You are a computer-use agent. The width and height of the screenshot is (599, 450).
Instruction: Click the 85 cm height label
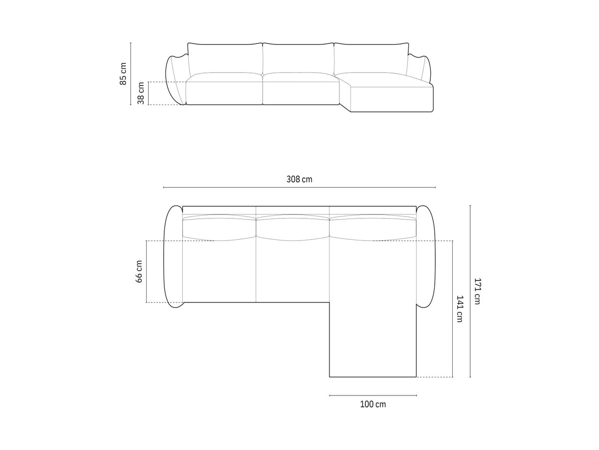pos(123,74)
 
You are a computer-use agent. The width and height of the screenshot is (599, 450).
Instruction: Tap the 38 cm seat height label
pos(141,93)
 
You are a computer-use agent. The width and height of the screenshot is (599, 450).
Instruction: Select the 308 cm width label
pos(299,179)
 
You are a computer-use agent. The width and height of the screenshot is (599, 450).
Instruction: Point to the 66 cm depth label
pos(139,271)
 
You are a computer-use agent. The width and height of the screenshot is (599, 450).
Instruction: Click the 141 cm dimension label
pos(460,308)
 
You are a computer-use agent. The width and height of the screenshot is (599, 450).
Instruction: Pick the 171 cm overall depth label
pos(477,291)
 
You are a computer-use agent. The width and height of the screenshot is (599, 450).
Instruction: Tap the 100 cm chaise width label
pos(373,404)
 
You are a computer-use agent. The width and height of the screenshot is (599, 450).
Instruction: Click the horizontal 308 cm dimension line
pos(299,187)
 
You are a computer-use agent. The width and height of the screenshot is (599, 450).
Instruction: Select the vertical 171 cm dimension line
pos(470,291)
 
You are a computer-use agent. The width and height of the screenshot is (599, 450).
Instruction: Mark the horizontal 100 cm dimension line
pos(373,395)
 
